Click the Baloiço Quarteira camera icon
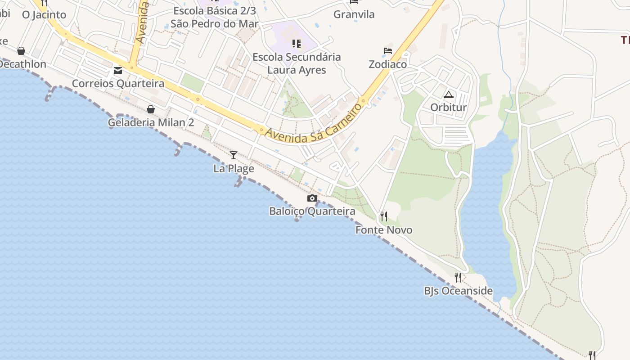pyautogui.click(x=312, y=198)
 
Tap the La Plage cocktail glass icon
pyautogui.click(x=234, y=155)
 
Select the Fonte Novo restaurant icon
pyautogui.click(x=383, y=216)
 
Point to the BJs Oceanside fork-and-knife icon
pyautogui.click(x=458, y=277)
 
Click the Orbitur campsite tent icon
pyautogui.click(x=448, y=94)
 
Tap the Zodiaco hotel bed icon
pyautogui.click(x=388, y=51)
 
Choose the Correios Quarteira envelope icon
pyautogui.click(x=118, y=71)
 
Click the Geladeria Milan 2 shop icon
pyautogui.click(x=151, y=109)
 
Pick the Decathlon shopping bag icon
pyautogui.click(x=21, y=51)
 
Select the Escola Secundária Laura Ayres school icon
pyautogui.click(x=296, y=44)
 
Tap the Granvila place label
pyautogui.click(x=354, y=14)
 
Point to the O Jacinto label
pyautogui.click(x=44, y=14)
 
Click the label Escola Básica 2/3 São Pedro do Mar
pyautogui.click(x=215, y=17)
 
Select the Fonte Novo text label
pyautogui.click(x=384, y=230)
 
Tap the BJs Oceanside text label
pyautogui.click(x=458, y=291)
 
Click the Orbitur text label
pyautogui.click(x=448, y=108)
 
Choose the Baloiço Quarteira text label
pyautogui.click(x=312, y=211)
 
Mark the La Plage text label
pyautogui.click(x=234, y=169)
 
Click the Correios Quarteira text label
pyautogui.click(x=118, y=84)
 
